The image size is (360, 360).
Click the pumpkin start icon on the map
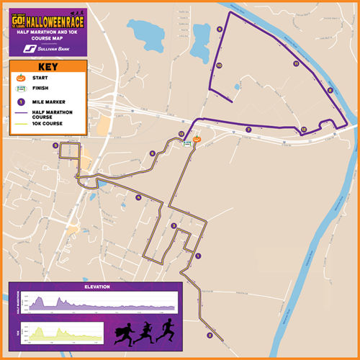coord(195,138)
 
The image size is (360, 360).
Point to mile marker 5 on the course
coord(55,145)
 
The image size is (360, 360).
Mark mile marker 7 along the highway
coord(248,130)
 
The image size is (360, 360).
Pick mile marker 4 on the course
coord(138,197)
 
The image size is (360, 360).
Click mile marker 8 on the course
coord(330,90)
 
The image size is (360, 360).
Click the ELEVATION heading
coord(97,287)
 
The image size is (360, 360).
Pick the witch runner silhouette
coord(145,333)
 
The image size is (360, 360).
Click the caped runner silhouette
coord(122,334)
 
